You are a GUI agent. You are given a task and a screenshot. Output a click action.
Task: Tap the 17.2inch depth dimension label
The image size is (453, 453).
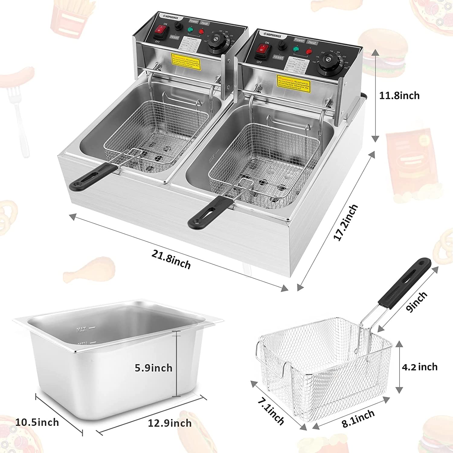[346, 223]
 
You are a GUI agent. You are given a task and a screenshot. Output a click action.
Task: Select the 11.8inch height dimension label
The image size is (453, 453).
[399, 96]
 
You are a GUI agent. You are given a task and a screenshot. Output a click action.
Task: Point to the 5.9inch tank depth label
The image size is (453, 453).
[153, 368]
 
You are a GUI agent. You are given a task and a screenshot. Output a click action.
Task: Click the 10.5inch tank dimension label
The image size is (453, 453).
[37, 422]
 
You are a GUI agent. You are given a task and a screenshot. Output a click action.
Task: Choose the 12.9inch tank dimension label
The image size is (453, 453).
[169, 423]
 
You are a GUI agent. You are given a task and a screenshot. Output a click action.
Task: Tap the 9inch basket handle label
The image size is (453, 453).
[417, 302]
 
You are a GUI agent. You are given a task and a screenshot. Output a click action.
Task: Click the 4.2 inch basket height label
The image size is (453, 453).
[419, 367]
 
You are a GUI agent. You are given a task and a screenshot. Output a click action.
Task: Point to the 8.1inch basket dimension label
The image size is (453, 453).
[358, 419]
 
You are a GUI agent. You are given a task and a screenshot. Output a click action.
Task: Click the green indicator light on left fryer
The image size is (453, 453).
[190, 30]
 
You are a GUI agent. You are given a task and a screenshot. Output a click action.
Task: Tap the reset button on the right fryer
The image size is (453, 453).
[278, 57]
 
